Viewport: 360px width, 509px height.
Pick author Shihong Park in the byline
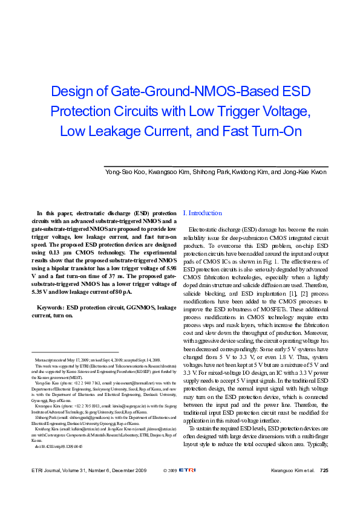(211, 173)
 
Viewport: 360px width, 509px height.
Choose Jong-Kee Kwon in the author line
(304, 173)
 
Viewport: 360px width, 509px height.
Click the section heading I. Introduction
(202, 213)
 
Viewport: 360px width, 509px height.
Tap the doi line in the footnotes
(59, 446)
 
